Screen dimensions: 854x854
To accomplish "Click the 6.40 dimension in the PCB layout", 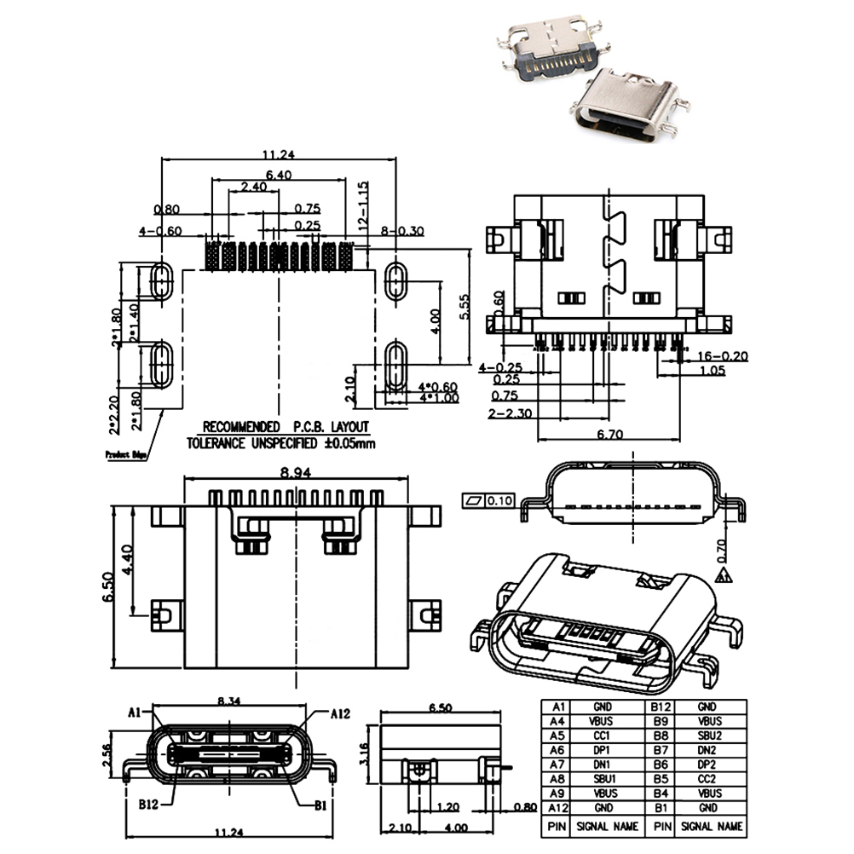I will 278,175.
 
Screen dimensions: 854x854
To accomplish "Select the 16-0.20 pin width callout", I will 724,355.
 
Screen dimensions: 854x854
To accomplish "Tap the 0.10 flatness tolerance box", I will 500,500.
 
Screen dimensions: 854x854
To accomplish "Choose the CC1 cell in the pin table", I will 602,735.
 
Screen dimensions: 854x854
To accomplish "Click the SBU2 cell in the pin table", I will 707,735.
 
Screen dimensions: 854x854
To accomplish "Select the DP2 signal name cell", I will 707,764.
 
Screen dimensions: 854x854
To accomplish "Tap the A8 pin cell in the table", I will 558,778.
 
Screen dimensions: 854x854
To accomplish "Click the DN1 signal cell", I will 602,764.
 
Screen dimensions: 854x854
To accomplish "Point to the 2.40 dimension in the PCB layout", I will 253,187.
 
